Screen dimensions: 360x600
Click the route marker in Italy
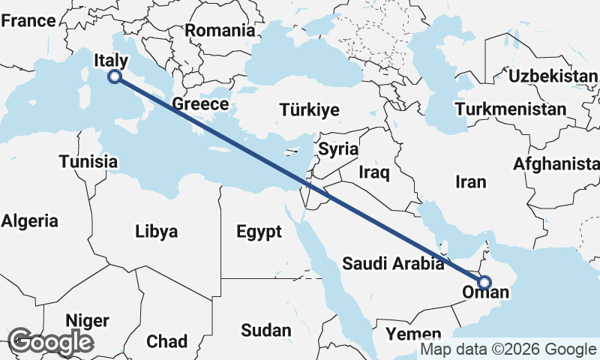[x=115, y=76]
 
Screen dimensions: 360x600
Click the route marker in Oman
[x=484, y=283]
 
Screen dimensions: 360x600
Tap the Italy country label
[x=111, y=60]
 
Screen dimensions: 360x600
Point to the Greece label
[x=199, y=103]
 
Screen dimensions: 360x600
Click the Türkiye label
[x=309, y=110]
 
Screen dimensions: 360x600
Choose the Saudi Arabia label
[x=393, y=263]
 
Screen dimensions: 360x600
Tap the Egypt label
[x=259, y=231]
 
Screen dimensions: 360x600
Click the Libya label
[x=157, y=231]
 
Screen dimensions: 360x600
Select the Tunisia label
[x=88, y=161]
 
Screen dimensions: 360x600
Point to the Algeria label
[x=30, y=220]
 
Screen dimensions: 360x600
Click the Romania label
[x=220, y=31]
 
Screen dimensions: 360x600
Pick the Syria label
[x=337, y=148]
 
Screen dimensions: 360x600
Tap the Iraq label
[x=374, y=172]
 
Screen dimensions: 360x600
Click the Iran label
[x=471, y=181]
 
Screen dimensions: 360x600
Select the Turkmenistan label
[x=510, y=109]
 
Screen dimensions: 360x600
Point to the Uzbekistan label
[x=552, y=76]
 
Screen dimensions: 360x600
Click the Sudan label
[x=266, y=330]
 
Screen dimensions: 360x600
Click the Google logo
[x=50, y=342]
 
